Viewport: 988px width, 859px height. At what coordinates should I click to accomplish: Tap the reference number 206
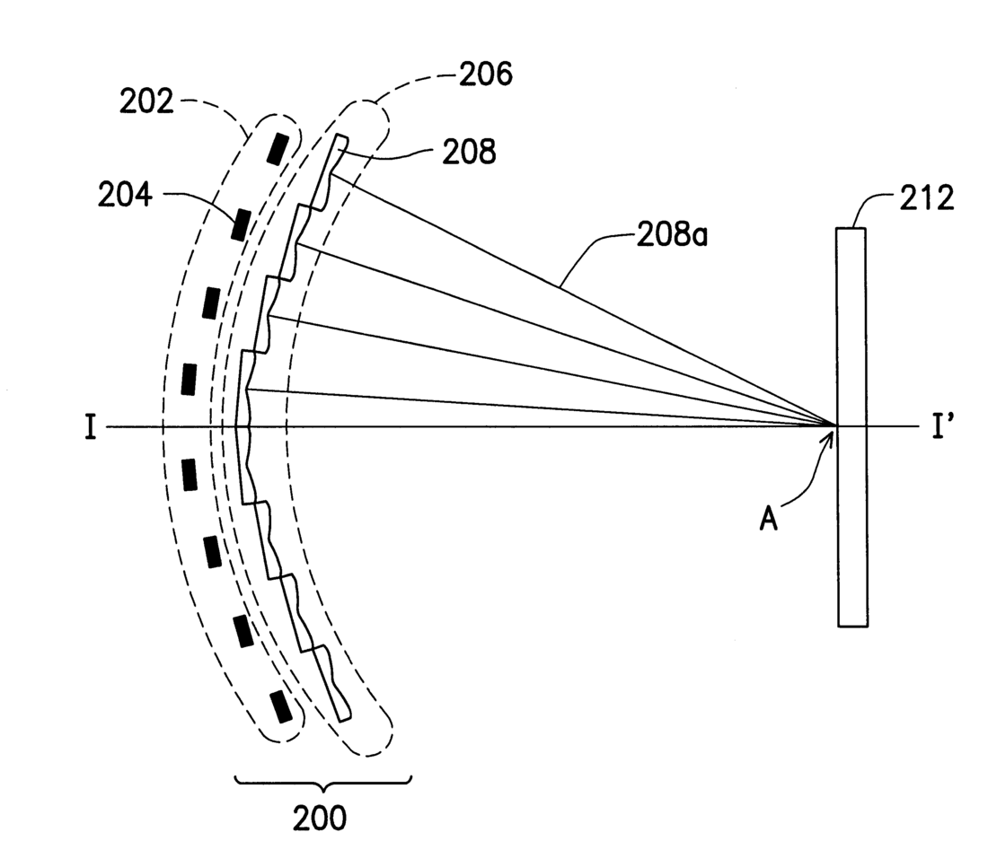(485, 75)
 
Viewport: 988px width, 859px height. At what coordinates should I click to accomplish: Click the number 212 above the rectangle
(925, 199)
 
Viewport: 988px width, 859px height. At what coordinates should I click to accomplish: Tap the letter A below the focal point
(769, 519)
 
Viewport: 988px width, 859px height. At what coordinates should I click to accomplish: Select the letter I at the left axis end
(90, 428)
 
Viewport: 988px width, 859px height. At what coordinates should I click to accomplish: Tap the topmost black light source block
(279, 146)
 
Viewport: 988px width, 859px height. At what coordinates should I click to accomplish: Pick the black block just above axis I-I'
(188, 378)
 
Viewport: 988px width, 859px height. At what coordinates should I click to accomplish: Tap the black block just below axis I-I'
(189, 474)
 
